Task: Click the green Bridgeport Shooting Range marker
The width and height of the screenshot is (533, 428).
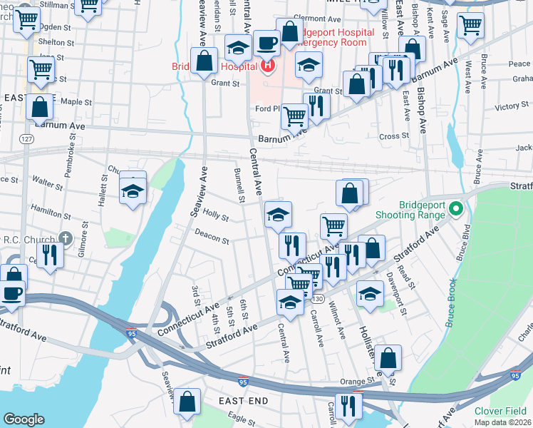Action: tap(457, 210)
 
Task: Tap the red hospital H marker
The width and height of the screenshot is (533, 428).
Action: tap(268, 68)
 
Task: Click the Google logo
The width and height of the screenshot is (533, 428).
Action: tap(24, 419)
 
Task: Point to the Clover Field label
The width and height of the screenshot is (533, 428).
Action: tap(500, 410)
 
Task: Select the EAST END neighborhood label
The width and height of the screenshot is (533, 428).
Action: tap(243, 401)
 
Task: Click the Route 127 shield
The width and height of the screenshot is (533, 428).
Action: tap(26, 138)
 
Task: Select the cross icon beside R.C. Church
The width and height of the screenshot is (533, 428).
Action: tap(66, 238)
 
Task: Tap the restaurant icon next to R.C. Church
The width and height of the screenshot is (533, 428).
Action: tap(48, 255)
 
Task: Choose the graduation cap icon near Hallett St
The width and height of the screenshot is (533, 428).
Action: tap(133, 191)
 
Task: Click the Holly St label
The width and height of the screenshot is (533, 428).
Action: tap(215, 215)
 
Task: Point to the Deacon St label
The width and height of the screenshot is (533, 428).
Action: tap(211, 235)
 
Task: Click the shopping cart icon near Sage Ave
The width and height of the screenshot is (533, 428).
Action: tap(470, 25)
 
